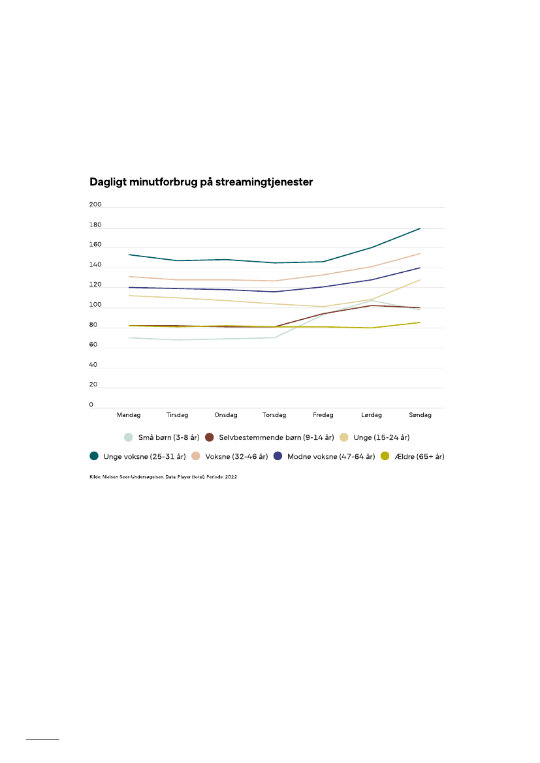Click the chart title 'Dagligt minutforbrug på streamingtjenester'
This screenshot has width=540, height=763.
coord(201,183)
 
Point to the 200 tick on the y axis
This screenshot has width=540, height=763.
coord(95,205)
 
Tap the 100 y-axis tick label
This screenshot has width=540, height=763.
coord(95,305)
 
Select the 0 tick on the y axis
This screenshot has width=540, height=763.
coord(91,405)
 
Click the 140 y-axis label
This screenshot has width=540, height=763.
coord(95,265)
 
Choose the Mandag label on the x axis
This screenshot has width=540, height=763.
coord(129,414)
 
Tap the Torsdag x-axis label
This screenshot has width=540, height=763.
coord(274,414)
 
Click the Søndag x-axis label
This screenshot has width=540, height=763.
coord(420,414)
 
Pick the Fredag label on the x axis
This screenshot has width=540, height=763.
coord(323,414)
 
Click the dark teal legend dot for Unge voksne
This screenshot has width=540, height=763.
coord(94,457)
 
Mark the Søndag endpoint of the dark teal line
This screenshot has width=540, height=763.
coord(420,228)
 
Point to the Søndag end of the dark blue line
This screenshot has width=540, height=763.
coord(420,268)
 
